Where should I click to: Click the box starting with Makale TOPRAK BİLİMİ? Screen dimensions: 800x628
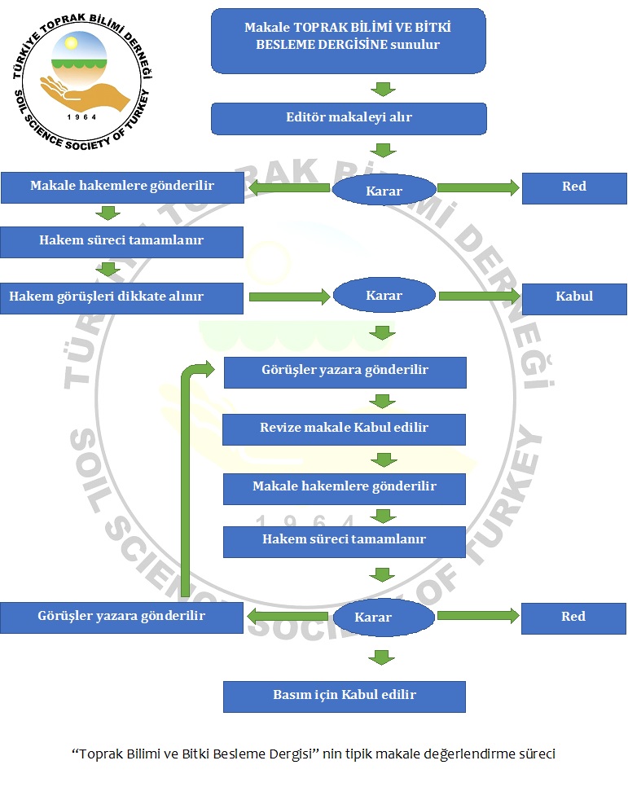tap(349, 40)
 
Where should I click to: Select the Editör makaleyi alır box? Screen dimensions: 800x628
tap(349, 117)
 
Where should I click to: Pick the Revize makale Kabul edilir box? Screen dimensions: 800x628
tap(345, 429)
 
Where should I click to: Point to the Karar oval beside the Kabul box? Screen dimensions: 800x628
tap(384, 296)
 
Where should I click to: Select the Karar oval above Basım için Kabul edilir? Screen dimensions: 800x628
tap(384, 618)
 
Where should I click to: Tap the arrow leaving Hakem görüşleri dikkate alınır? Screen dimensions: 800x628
tap(288, 297)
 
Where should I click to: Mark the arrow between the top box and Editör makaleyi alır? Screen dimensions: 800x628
tap(383, 88)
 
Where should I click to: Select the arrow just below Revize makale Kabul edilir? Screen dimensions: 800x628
tap(383, 459)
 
